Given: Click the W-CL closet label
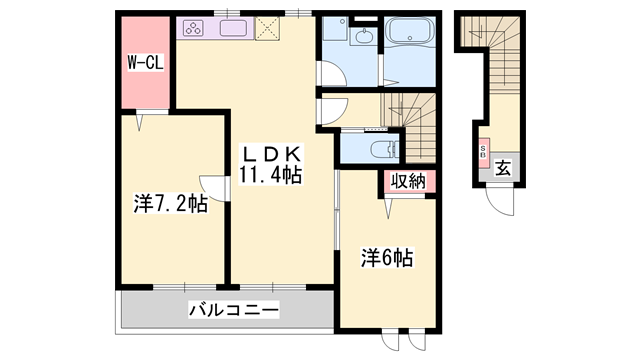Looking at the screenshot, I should (x=145, y=62).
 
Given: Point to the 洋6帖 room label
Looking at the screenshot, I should (x=387, y=257).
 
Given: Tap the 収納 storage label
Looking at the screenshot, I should (x=406, y=183).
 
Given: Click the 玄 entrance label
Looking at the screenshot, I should (x=503, y=169).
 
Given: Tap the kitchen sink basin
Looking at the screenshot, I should (x=233, y=28).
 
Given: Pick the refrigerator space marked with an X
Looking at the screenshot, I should (x=267, y=29).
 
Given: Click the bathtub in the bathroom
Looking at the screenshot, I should (x=410, y=39).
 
